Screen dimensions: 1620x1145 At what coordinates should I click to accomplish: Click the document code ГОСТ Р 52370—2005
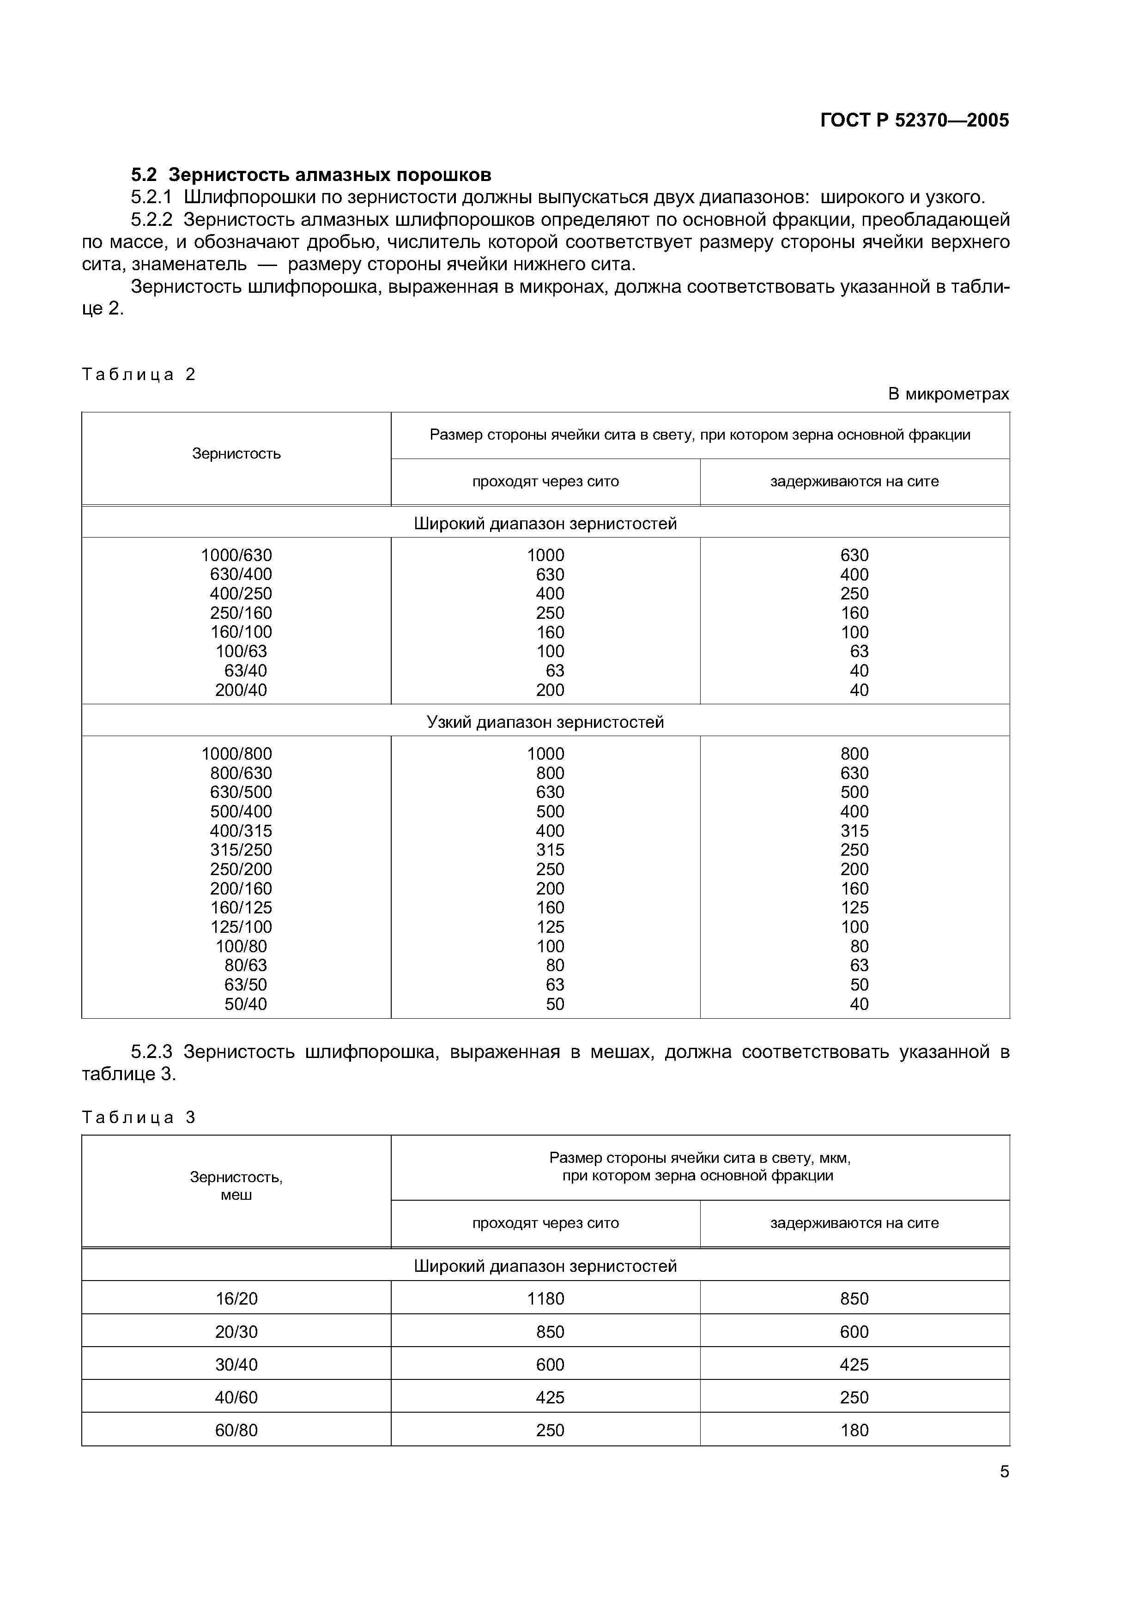(915, 121)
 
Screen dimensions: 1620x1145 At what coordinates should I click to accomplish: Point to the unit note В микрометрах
(948, 394)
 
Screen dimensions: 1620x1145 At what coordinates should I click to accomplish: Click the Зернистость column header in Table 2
(236, 453)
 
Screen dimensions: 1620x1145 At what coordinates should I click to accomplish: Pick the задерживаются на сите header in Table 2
(854, 482)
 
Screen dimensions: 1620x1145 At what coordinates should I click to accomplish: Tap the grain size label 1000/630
(236, 555)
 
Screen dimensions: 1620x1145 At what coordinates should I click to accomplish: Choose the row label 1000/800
(236, 754)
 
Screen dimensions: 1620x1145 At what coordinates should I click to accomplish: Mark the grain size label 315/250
(241, 850)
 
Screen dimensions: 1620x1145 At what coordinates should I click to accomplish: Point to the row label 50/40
(246, 1003)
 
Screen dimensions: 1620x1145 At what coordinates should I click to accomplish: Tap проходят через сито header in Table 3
(545, 1223)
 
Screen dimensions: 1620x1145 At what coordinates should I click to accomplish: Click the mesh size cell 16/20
(236, 1298)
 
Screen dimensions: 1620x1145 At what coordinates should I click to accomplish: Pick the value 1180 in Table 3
(545, 1298)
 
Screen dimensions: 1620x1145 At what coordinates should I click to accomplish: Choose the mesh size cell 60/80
(236, 1430)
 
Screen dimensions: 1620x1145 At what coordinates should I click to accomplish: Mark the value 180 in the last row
(854, 1430)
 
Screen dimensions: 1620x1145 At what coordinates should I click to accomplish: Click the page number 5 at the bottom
(1004, 1472)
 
